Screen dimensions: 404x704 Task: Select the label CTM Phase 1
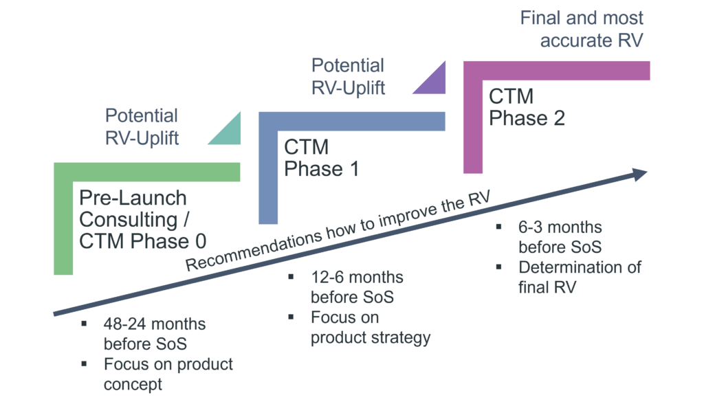321,157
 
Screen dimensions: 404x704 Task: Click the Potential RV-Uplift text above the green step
142,127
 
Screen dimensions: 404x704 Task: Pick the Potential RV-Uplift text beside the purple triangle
348,76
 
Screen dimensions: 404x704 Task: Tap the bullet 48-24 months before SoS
155,333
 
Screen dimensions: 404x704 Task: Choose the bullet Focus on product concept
168,374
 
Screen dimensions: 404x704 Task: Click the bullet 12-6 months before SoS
357,287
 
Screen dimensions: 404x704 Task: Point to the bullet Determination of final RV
579,277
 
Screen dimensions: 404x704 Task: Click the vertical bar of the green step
63,227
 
